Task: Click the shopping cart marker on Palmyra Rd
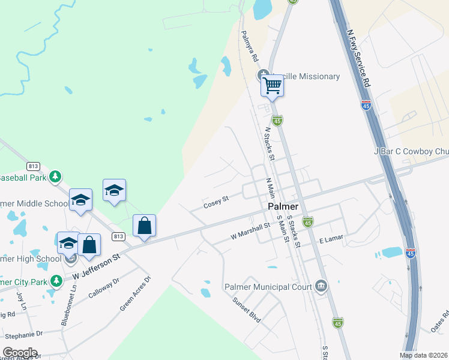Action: (x=272, y=86)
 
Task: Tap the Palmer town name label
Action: (x=283, y=206)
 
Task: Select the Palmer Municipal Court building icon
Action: (x=321, y=286)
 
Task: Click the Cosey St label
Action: (x=216, y=201)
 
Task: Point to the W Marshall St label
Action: (x=250, y=232)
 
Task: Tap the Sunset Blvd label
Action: (x=247, y=310)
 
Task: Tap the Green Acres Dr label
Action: (x=135, y=293)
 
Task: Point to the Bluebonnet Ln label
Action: (x=69, y=305)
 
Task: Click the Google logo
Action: (x=20, y=353)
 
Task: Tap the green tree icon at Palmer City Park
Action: (x=56, y=280)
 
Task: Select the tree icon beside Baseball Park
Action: (x=55, y=176)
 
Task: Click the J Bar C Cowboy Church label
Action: (x=411, y=152)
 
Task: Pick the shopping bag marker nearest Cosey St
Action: (x=145, y=226)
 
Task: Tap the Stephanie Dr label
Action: (x=22, y=334)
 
